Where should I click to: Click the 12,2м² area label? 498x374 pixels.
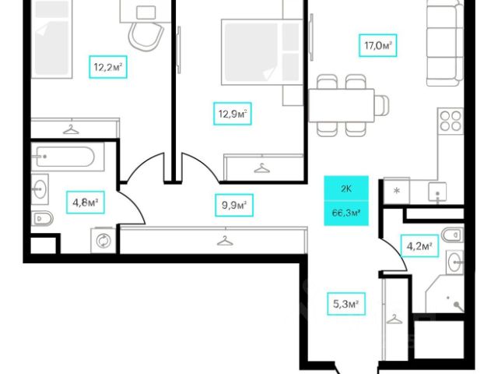[x=108, y=68]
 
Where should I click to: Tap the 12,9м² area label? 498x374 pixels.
[x=233, y=116]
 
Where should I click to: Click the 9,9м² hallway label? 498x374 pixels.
[x=233, y=206]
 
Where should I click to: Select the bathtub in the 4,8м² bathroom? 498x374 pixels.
[x=64, y=157]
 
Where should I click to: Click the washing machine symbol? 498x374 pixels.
[x=102, y=241]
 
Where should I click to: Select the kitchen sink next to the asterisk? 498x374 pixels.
[x=439, y=190]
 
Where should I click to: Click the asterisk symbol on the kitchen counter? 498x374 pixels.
[x=397, y=191]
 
